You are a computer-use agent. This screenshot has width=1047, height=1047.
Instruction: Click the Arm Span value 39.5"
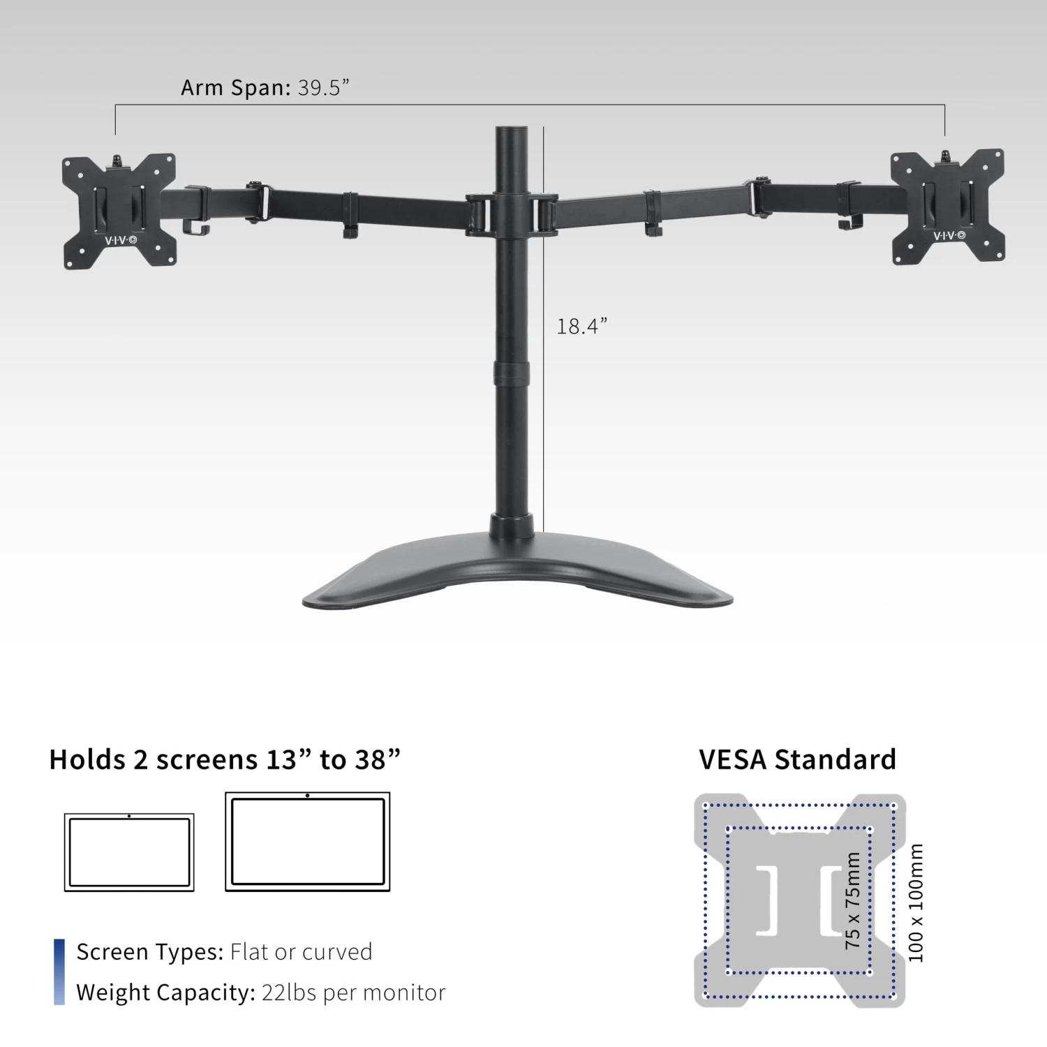(323, 88)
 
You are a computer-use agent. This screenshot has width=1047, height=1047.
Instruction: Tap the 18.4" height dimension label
(581, 326)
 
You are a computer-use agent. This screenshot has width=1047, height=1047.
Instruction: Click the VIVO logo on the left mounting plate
(121, 240)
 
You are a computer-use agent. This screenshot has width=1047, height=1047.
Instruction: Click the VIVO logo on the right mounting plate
(949, 236)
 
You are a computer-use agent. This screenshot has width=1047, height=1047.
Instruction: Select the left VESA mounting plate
(119, 211)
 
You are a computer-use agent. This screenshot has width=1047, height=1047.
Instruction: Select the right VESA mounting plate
(948, 206)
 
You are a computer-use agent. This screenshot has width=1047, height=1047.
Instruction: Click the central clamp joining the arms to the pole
(512, 215)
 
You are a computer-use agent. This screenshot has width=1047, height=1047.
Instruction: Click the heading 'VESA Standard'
(797, 759)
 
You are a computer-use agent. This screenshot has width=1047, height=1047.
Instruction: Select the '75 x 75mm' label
(852, 900)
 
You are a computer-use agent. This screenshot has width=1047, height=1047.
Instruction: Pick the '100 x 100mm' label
(916, 903)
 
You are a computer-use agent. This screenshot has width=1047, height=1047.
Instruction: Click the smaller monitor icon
(129, 852)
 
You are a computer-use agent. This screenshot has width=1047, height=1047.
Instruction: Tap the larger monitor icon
(307, 842)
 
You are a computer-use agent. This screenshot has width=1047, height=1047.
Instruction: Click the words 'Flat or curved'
(301, 952)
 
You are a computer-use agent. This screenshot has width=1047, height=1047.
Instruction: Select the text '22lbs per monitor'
(353, 993)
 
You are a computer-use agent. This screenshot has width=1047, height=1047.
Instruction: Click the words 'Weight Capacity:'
(165, 993)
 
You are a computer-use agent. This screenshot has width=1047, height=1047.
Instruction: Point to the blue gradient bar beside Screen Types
(59, 972)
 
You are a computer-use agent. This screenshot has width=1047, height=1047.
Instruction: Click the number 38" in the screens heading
(378, 759)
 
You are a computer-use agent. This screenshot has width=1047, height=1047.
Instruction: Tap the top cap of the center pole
(512, 131)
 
